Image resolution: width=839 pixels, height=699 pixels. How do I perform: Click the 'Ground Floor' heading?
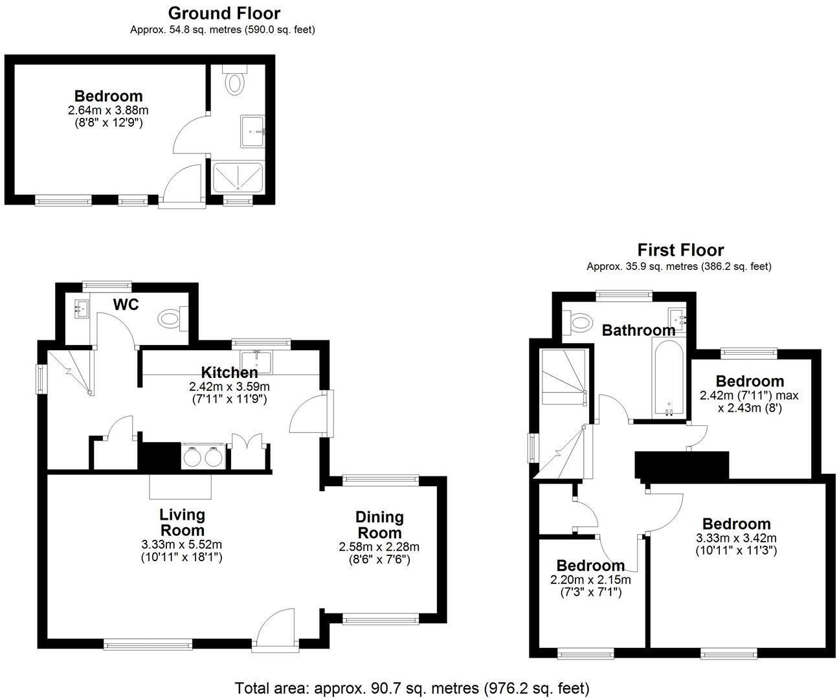point(224,14)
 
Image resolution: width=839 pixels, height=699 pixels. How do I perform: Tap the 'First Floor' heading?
point(680,250)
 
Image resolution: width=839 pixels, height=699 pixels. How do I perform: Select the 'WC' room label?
point(126,304)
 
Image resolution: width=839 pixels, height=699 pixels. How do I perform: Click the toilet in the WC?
point(173,318)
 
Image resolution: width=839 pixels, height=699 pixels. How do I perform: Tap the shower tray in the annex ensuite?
point(238,177)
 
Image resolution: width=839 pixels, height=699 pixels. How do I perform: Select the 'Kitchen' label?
point(229,372)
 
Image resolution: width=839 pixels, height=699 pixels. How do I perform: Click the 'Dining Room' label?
point(379,525)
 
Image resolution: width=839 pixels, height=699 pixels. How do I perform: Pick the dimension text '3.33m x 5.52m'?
point(182,545)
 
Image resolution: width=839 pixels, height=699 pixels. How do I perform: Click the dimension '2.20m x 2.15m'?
point(590,580)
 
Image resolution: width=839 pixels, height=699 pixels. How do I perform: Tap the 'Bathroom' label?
point(638,330)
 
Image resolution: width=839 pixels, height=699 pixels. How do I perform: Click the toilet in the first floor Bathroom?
point(577,322)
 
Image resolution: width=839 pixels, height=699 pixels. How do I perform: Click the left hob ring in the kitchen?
point(192,456)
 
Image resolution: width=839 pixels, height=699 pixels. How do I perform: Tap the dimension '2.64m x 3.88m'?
point(108,110)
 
